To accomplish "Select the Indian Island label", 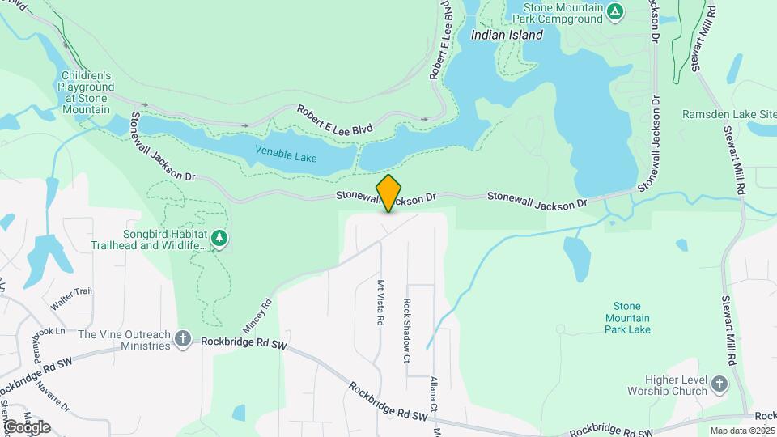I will point(507,36).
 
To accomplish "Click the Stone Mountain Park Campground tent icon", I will point(616,11).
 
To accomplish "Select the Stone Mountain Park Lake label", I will point(627,318).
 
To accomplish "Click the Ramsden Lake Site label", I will point(728,114).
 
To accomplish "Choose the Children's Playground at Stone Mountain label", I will point(83,92).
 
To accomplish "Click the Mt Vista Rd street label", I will point(380,303).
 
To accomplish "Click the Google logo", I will point(27,427).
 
